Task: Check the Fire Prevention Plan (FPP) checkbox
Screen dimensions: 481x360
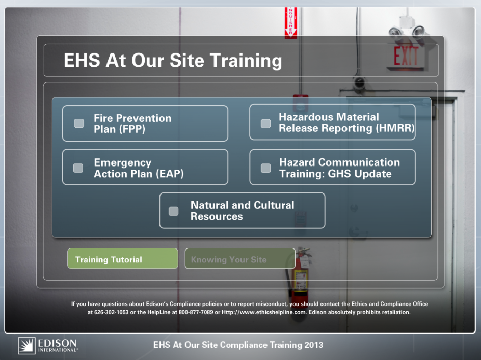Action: (x=79, y=123)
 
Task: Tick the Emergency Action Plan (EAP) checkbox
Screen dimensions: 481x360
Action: (x=78, y=168)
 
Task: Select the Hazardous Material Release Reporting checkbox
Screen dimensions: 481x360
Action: (x=265, y=124)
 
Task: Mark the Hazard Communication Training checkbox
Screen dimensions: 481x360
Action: (x=265, y=168)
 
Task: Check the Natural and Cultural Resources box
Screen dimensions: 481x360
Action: (x=174, y=211)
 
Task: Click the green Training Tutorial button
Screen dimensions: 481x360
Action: (x=123, y=259)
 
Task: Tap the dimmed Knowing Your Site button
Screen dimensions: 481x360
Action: (x=240, y=259)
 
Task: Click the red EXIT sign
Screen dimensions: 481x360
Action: (x=406, y=57)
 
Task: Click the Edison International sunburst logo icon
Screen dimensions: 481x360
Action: (x=26, y=346)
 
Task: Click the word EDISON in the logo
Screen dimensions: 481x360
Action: (x=58, y=343)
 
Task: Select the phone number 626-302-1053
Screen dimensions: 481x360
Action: (x=112, y=312)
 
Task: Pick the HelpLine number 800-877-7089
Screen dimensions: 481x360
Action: (x=196, y=312)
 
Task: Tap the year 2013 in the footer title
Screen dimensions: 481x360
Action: (x=314, y=345)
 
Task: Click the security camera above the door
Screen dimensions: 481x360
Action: (x=359, y=83)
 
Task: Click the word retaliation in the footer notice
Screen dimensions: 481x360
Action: (x=396, y=312)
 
